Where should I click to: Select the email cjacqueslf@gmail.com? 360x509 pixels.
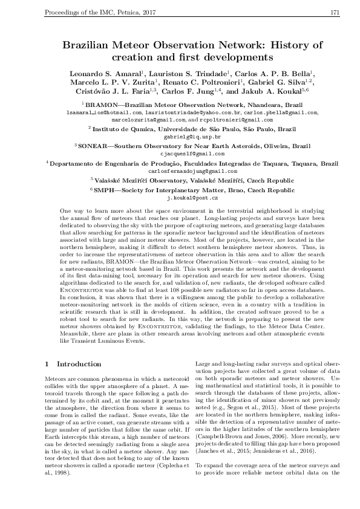pyautogui.click(x=191, y=154)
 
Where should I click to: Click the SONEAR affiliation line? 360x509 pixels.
pyautogui.click(x=192, y=146)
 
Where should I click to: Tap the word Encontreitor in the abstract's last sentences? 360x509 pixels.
pyautogui.click(x=160, y=325)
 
